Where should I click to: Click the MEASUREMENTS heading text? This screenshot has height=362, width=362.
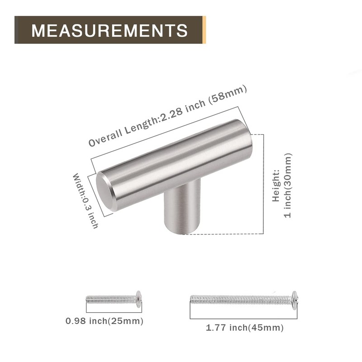(110, 30)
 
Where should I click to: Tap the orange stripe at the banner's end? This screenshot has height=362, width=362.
(204, 30)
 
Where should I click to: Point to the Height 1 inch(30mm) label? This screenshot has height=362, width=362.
(282, 186)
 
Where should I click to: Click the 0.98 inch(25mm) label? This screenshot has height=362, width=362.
(105, 321)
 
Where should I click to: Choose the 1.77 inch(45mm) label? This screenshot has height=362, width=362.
(245, 328)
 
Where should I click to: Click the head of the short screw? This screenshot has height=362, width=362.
(138, 299)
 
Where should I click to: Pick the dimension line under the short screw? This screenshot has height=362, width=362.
(113, 312)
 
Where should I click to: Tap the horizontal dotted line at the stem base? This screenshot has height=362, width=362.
(226, 234)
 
